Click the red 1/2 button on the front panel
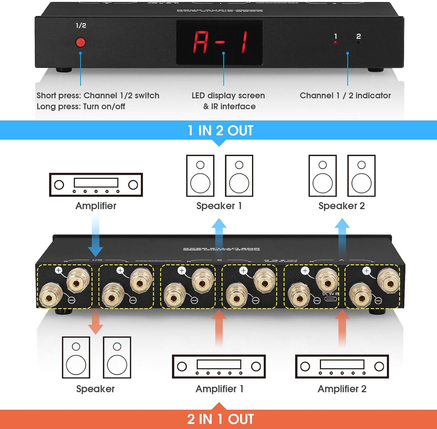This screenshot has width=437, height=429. coord(80,42)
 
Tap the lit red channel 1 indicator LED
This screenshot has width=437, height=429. coord(336,43)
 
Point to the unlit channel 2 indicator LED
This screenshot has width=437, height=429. coord(358,43)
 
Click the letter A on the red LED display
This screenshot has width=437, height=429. coord(201,42)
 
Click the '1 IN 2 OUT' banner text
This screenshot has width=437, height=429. coord(221,130)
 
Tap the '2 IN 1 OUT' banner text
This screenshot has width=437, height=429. coord(221,419)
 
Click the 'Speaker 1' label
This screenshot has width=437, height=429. coord(219,206)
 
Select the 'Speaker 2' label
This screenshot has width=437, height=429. coord(341,206)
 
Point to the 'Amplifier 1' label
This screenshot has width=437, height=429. coord(219,389)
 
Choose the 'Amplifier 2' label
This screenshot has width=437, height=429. coord(342,389)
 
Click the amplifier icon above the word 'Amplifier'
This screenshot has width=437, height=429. coord(96,185)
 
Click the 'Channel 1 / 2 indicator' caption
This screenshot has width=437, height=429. coord(345,95)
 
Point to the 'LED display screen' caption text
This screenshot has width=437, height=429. coord(228,95)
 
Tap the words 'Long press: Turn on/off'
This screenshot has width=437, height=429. coord(81,107)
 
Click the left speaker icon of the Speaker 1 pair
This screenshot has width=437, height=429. coord(200,176)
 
